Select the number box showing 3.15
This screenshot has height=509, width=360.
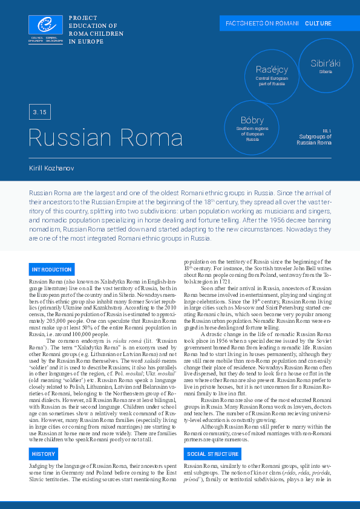[41, 112]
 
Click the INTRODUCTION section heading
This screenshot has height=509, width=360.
[52, 269]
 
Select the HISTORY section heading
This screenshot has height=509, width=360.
[44, 453]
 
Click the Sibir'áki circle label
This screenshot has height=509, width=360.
[326, 63]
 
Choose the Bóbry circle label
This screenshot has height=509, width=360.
[252, 120]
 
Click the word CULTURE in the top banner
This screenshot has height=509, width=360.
[318, 23]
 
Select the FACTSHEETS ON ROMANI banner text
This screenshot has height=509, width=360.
[262, 23]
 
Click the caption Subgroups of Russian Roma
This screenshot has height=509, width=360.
[314, 140]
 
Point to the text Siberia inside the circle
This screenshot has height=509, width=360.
[326, 72]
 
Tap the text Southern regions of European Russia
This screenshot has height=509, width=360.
[252, 134]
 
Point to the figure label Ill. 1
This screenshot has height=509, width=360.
[327, 131]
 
